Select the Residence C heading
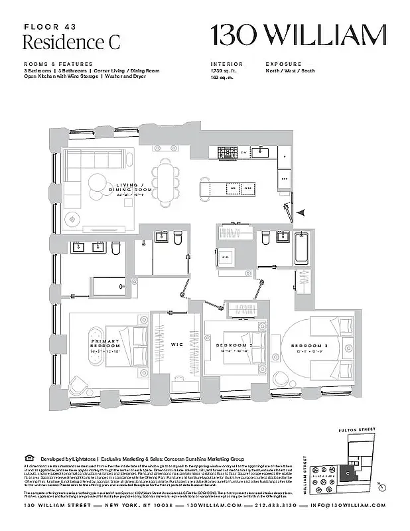(62, 42)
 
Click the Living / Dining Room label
(135, 189)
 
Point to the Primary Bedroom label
(105, 344)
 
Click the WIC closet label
(176, 344)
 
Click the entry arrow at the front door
(301, 212)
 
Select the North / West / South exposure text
(291, 70)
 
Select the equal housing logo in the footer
(27, 457)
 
